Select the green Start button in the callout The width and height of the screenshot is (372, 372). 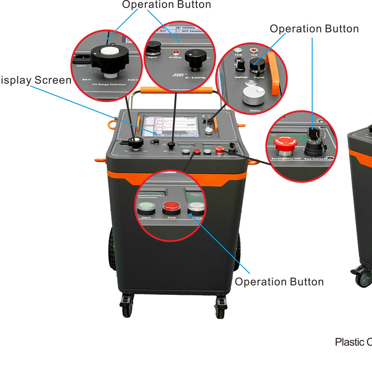click(146, 208)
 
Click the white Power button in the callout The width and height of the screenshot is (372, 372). click(196, 208)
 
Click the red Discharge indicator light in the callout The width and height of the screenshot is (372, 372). click(175, 52)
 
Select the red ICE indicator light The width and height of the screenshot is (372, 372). click(254, 50)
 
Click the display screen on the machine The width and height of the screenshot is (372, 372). click(170, 126)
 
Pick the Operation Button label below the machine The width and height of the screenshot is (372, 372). click(279, 282)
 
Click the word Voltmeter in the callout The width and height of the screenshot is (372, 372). click(148, 197)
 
